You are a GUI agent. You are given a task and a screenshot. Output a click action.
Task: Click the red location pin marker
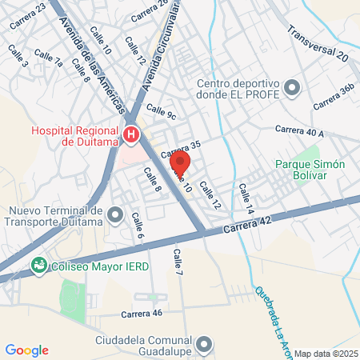pos(180,164)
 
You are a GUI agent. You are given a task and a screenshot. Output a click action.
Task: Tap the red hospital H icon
pos(131,135)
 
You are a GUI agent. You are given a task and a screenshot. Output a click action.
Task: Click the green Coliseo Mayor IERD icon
pos(38,265)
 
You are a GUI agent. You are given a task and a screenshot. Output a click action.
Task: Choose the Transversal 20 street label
pos(318,45)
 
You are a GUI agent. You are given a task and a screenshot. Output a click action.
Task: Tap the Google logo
pos(27,350)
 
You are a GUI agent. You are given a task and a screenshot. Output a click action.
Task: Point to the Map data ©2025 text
pos(326,353)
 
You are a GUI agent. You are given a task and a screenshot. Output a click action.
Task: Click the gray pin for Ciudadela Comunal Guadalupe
pos(204,345)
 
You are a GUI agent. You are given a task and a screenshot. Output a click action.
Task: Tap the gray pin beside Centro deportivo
pos(292,87)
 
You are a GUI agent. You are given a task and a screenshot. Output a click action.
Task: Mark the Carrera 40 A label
pos(298,130)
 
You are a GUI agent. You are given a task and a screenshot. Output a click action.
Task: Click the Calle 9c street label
pos(160,113)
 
